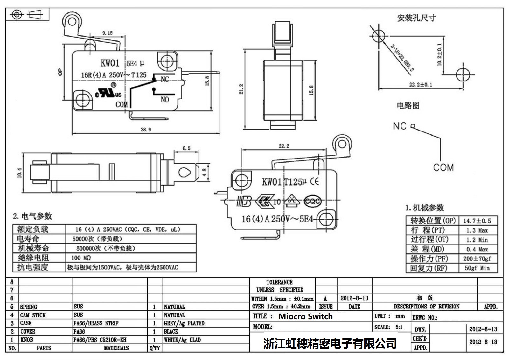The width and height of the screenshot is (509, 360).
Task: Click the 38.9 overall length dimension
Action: pos(146,130)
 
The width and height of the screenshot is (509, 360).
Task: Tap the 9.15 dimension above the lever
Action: pos(107,33)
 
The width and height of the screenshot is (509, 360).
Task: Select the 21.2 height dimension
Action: pos(241,89)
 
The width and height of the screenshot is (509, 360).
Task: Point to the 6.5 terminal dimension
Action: pos(186,148)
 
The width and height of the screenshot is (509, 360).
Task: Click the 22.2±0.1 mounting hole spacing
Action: pos(421,85)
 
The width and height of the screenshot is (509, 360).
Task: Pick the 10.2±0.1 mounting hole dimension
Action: pos(439,54)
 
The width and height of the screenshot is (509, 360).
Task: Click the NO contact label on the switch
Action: pos(165,100)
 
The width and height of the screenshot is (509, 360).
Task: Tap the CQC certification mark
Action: pos(312,201)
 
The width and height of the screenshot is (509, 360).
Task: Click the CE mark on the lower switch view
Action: pos(314,181)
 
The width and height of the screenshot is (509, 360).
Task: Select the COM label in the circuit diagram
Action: pos(443,167)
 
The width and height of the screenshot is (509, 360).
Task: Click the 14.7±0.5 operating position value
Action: pos(477,221)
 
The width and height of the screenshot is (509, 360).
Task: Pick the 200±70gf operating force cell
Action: pos(477,259)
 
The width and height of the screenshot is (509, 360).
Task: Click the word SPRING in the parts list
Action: pos(29,307)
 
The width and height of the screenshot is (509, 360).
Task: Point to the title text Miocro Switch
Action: pos(305,316)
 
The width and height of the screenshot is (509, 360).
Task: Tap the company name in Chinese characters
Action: pos(330,343)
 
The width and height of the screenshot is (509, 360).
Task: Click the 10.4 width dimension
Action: pos(20,173)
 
